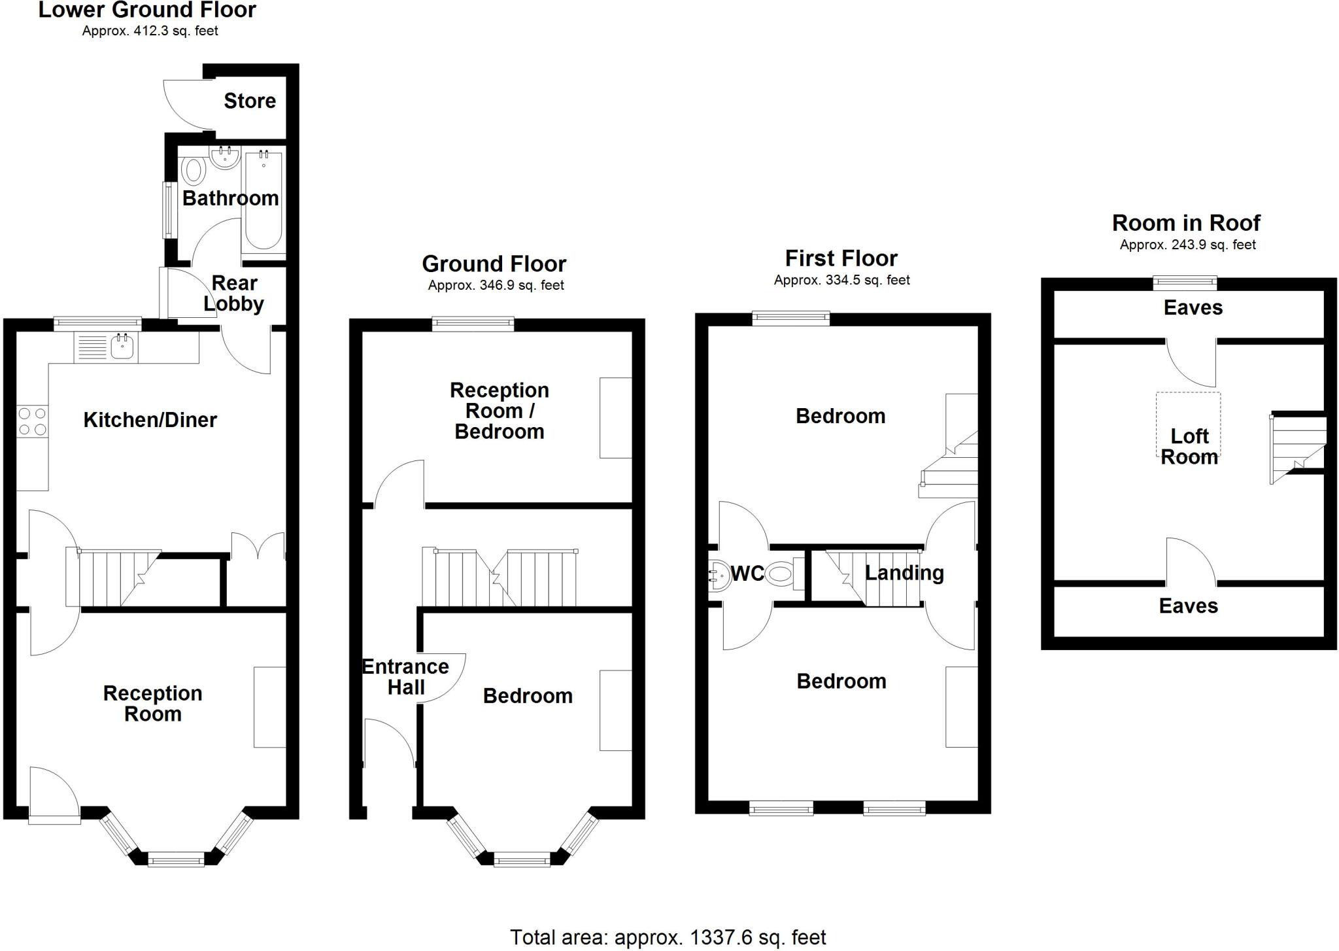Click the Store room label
(250, 101)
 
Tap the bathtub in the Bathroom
(263, 201)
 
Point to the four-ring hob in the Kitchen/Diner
(32, 421)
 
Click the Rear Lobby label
(234, 293)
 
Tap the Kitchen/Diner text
(150, 420)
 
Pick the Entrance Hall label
(405, 677)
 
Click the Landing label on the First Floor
(904, 573)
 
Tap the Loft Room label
(1190, 447)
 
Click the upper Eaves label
(1193, 308)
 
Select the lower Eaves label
(1189, 606)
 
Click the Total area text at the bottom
(668, 937)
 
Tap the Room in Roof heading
(1186, 223)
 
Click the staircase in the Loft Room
(1298, 449)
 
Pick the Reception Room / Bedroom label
(500, 411)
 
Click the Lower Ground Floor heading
(147, 10)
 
